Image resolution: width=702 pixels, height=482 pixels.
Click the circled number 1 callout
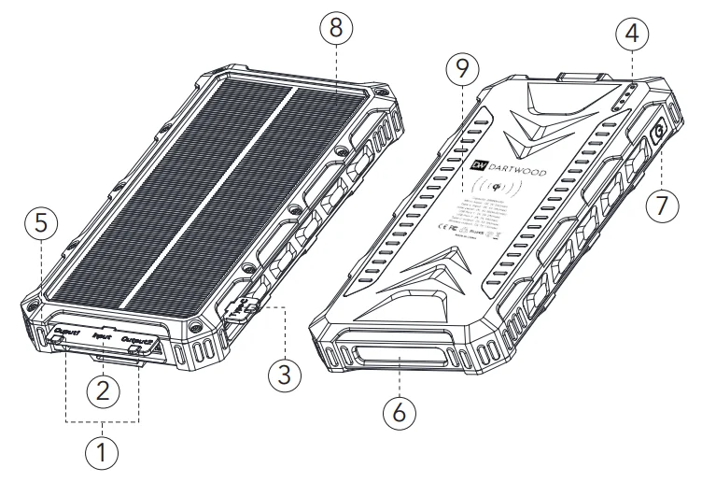tap(104, 456)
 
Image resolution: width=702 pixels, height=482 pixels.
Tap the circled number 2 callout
tap(104, 388)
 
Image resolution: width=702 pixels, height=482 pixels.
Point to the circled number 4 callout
tap(632, 35)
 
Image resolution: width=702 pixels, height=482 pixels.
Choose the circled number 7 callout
tap(662, 205)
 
